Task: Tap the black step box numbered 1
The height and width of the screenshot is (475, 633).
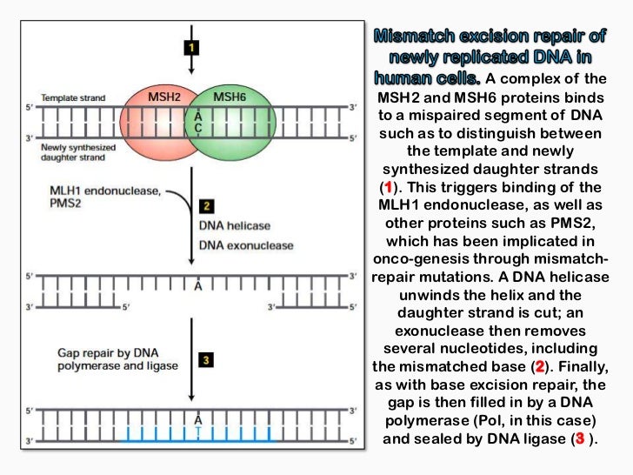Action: [188, 48]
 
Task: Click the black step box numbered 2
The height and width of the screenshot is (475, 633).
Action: [206, 206]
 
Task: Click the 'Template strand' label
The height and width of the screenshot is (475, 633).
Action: [72, 98]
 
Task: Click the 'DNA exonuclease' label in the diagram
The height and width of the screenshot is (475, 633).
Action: [246, 245]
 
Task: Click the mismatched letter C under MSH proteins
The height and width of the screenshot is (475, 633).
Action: [198, 127]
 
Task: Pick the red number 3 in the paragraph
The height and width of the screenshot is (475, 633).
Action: [579, 439]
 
